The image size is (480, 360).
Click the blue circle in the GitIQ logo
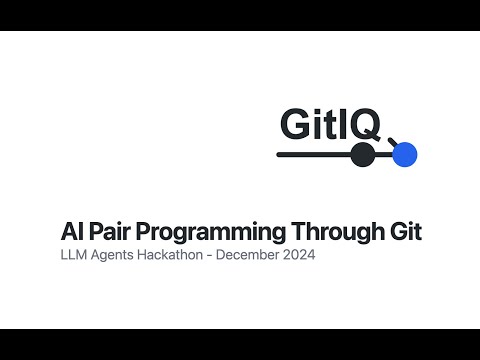[404, 155]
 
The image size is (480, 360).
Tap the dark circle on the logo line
[363, 155]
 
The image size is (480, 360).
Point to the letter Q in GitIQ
[367, 124]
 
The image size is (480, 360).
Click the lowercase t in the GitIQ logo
[334, 125]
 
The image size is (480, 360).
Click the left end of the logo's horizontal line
[279, 155]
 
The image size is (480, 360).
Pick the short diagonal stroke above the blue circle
[392, 141]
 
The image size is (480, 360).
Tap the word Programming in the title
[210, 233]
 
